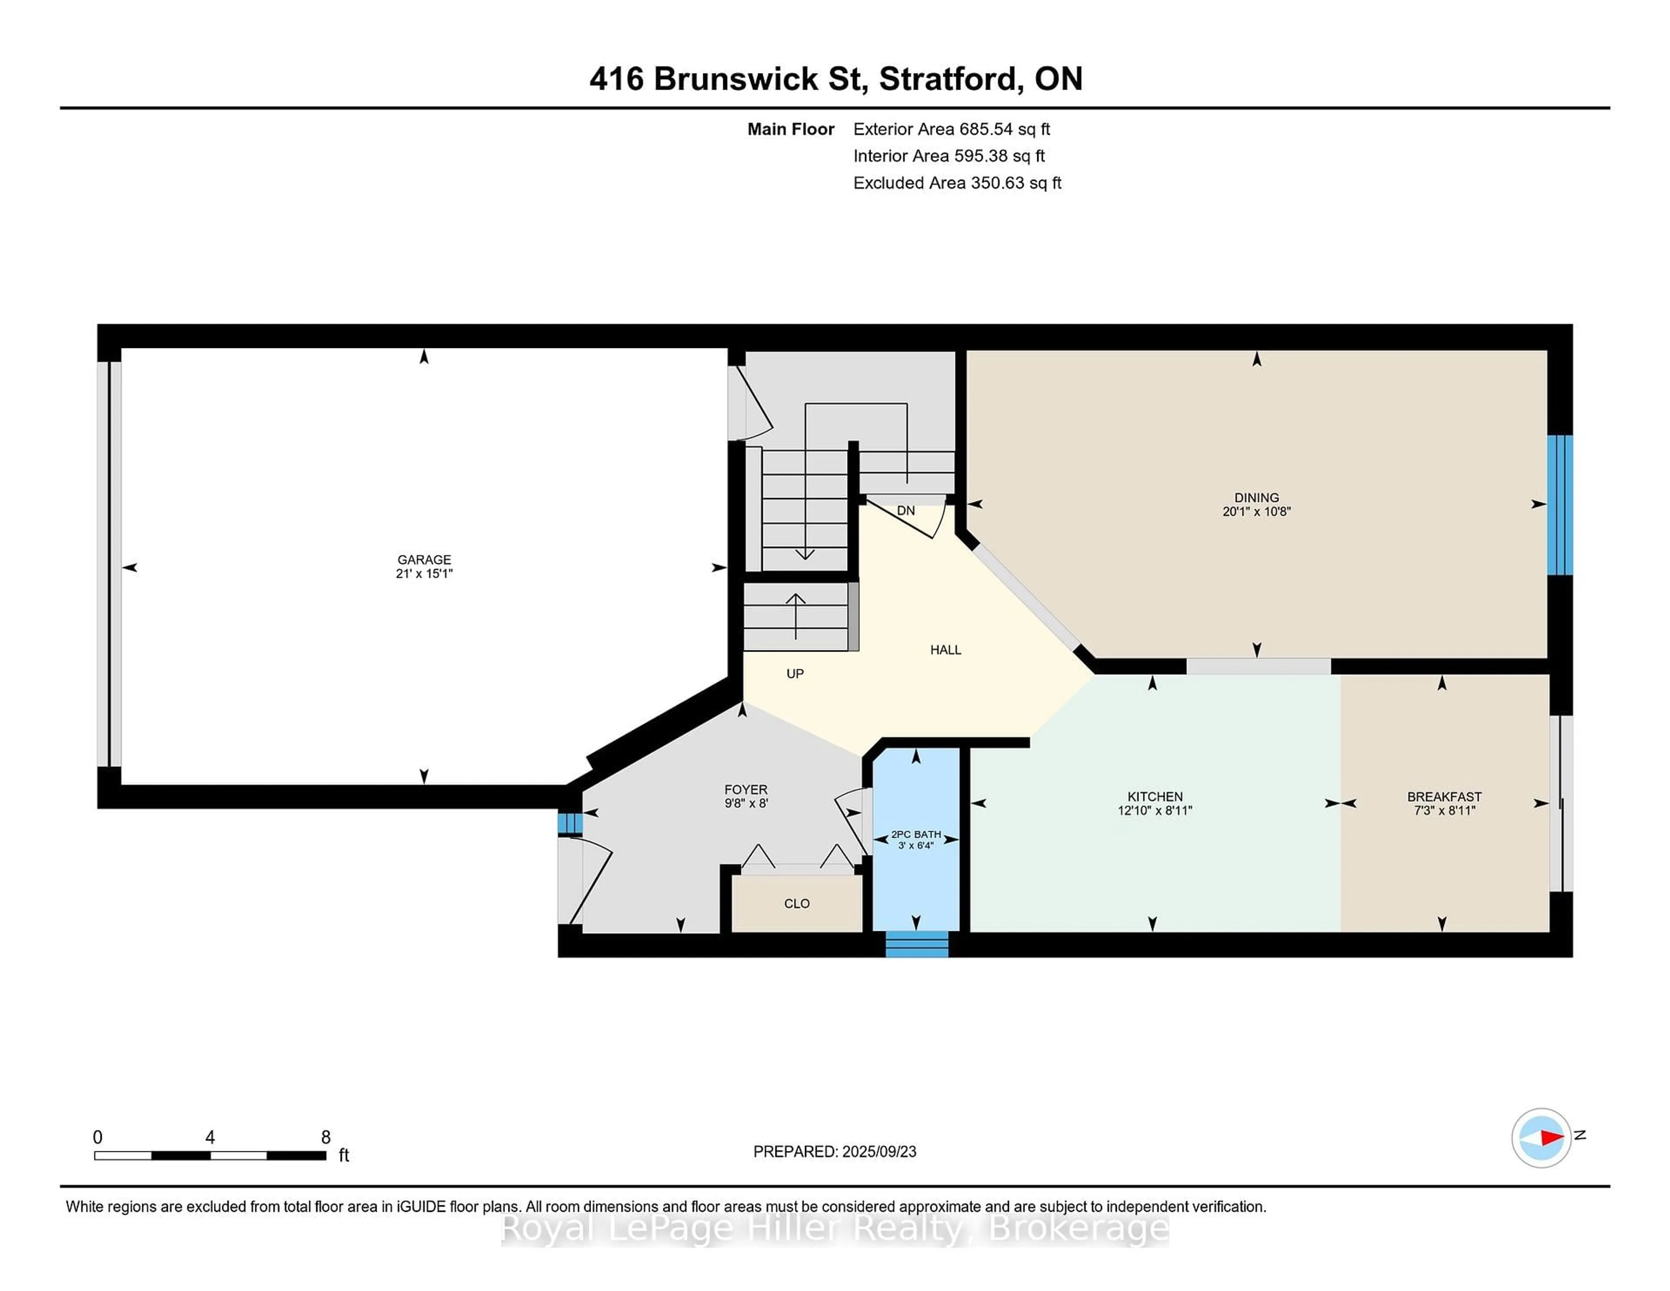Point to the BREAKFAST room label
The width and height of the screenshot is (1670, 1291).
click(x=1444, y=796)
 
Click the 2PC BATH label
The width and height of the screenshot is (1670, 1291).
click(x=915, y=834)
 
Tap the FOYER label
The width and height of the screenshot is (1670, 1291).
click(x=745, y=789)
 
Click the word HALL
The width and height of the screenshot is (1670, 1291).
click(x=945, y=649)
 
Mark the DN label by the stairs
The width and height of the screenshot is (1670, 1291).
click(x=905, y=510)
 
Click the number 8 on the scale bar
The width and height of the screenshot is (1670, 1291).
click(x=326, y=1137)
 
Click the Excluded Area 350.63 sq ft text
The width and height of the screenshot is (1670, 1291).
click(x=957, y=183)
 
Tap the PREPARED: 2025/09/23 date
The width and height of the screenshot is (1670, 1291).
click(x=834, y=1151)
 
